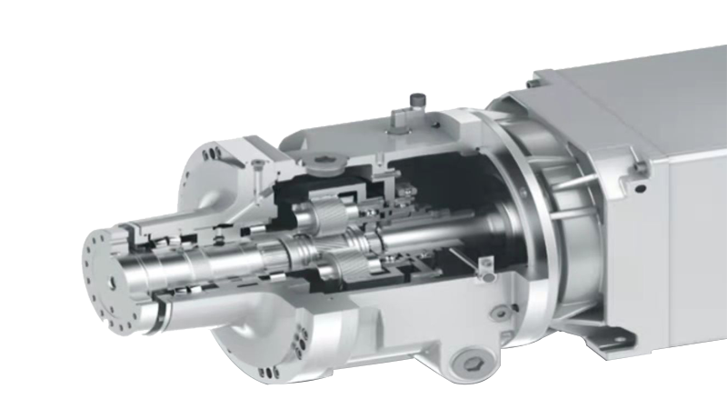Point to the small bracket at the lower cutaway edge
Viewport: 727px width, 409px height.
point(484,264)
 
